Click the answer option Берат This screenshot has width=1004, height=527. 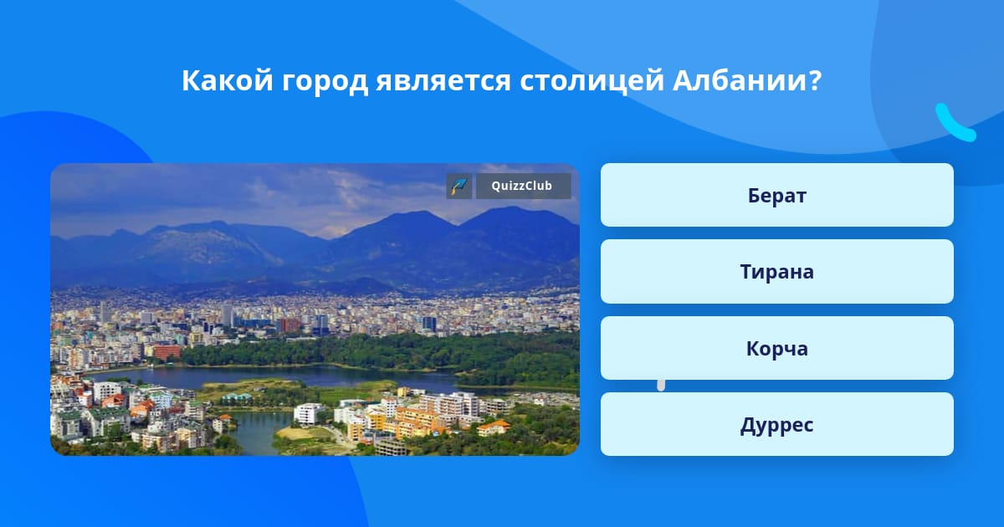(776, 195)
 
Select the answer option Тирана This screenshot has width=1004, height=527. (776, 272)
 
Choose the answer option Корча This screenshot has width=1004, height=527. (776, 348)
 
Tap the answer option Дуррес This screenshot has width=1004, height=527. (776, 424)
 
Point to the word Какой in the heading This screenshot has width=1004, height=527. (228, 80)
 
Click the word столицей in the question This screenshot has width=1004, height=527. (592, 82)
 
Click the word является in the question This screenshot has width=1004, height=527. (443, 82)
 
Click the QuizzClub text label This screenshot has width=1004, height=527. (522, 186)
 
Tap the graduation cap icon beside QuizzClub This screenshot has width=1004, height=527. (459, 186)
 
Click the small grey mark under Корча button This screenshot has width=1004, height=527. (661, 386)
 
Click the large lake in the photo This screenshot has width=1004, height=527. (278, 376)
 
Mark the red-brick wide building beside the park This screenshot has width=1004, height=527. (166, 352)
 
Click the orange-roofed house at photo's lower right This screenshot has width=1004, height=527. (493, 428)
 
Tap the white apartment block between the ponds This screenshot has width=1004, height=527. (309, 413)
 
